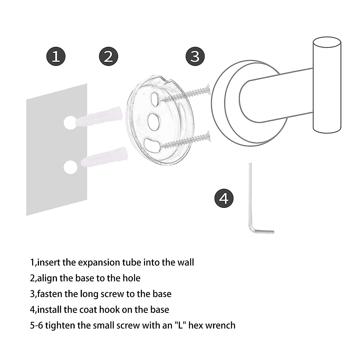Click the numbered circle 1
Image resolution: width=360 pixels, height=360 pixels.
[x=56, y=56]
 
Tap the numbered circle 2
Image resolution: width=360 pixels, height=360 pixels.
[x=108, y=56]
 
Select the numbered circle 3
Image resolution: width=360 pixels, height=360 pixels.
[x=195, y=56]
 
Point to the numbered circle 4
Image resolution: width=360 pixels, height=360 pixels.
[x=224, y=198]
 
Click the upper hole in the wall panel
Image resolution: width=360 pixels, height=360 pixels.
[x=70, y=122]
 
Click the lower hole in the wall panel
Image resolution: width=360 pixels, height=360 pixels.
[x=71, y=167]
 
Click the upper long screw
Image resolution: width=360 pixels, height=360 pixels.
[x=186, y=93]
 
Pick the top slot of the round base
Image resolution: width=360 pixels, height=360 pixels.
[x=155, y=99]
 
